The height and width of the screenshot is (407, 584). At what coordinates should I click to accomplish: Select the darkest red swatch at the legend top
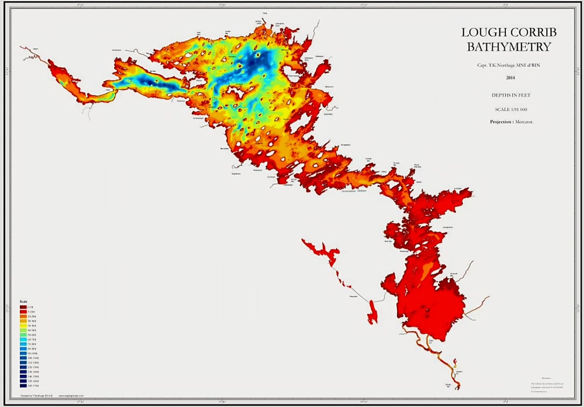[x=24, y=307]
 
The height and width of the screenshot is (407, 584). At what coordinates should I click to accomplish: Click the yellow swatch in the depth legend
[x=24, y=326]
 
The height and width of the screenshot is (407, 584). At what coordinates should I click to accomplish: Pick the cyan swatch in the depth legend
[x=24, y=340]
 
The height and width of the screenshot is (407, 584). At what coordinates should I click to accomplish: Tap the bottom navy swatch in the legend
[x=24, y=385]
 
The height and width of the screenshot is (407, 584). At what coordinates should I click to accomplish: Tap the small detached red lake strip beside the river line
[x=372, y=312]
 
